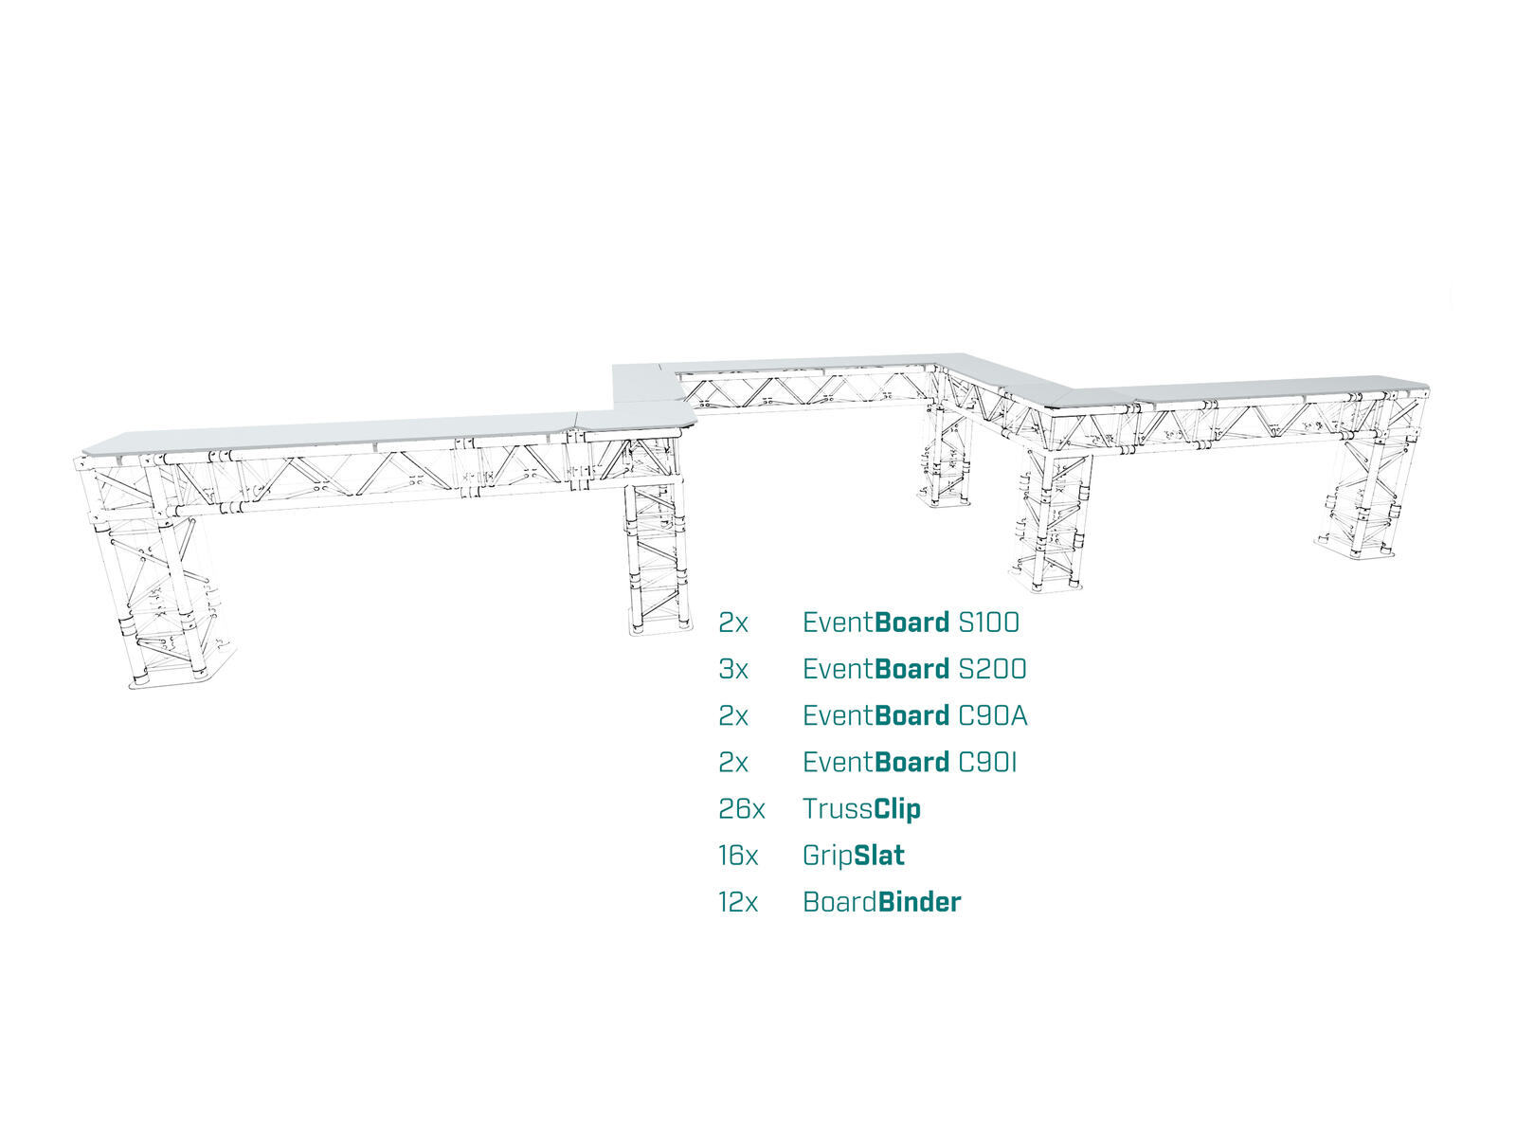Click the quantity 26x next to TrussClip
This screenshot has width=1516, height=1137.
[x=741, y=809]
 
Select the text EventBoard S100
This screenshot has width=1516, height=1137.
[x=911, y=623]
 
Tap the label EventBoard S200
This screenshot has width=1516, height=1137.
[x=914, y=669]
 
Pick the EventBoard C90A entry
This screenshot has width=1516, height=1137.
[x=914, y=715]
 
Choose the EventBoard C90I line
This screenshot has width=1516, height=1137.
[x=910, y=762]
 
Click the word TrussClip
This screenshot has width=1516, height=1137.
[x=861, y=809]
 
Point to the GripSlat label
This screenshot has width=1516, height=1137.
[x=853, y=856]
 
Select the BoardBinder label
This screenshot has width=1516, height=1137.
[x=881, y=902]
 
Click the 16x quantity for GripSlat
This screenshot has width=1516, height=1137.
[x=738, y=856]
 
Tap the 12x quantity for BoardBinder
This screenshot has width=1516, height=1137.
[x=738, y=902]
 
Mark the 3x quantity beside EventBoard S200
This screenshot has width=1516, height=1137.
[x=732, y=669]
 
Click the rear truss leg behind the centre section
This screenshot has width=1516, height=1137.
[x=945, y=455]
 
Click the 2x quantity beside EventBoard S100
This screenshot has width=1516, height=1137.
[x=732, y=623]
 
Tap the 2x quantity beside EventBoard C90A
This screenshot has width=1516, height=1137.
[x=732, y=715]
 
